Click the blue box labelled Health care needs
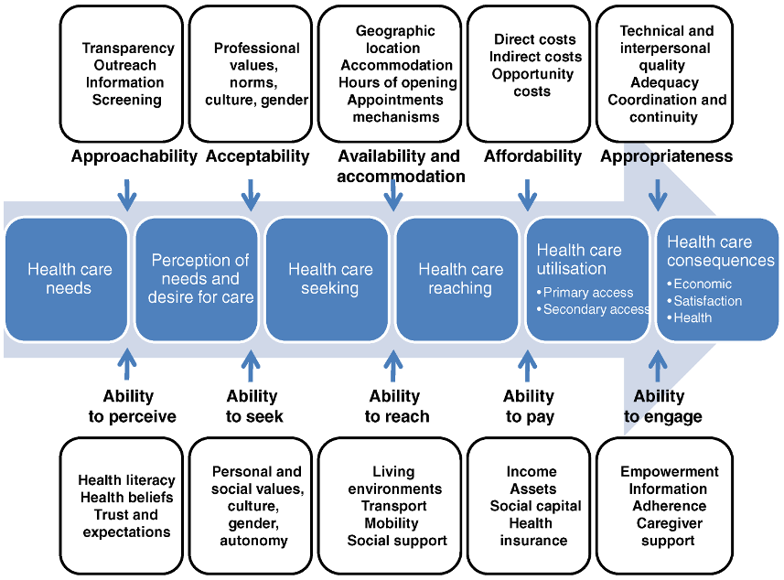click(x=67, y=279)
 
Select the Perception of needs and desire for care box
click(x=197, y=279)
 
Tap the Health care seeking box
click(x=327, y=279)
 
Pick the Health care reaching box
click(x=457, y=279)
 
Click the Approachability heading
click(x=134, y=156)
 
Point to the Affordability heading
click(x=532, y=156)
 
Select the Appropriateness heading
click(x=667, y=156)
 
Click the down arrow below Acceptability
click(x=251, y=195)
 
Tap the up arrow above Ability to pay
click(x=528, y=366)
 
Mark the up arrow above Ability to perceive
click(x=127, y=364)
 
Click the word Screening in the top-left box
click(x=126, y=100)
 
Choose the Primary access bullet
click(x=585, y=293)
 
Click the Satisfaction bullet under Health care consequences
click(x=704, y=301)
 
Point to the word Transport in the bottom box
click(x=394, y=506)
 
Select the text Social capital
click(x=535, y=506)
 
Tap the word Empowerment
click(x=669, y=471)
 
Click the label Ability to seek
click(x=253, y=406)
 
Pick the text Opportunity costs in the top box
click(x=532, y=82)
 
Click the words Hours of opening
click(x=398, y=82)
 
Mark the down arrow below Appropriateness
click(x=658, y=195)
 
